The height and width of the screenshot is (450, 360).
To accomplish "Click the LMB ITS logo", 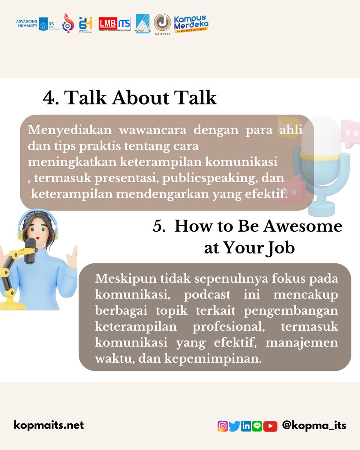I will click(x=114, y=24).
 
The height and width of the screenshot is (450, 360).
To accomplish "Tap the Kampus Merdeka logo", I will click(x=191, y=24).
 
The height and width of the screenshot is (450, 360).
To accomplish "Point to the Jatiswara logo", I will click(x=162, y=23).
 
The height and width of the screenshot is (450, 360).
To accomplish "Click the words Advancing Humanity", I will click(x=27, y=24).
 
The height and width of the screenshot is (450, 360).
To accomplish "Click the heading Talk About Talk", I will click(x=130, y=98).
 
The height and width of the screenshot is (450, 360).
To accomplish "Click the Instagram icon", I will click(x=222, y=426).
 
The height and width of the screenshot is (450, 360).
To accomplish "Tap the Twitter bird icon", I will click(x=234, y=426).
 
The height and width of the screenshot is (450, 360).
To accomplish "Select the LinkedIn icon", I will click(x=246, y=426).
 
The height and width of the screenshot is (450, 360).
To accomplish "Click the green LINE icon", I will click(x=257, y=426).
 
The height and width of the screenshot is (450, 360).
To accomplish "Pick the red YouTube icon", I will click(x=270, y=426).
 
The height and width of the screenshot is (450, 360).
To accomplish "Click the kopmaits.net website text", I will click(x=49, y=425).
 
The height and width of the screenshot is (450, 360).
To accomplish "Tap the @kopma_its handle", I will click(x=314, y=426).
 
